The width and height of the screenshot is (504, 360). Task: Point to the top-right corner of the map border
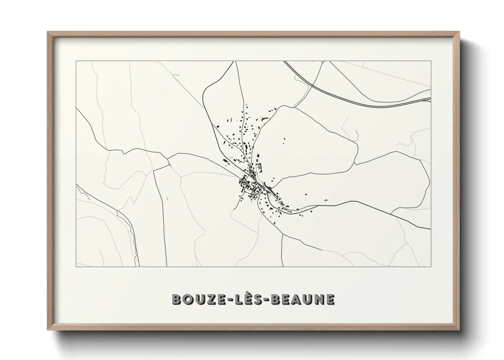pyautogui.click(x=431, y=61)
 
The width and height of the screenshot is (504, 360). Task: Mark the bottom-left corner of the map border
pyautogui.click(x=76, y=266)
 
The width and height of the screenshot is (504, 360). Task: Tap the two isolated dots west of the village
pyautogui.click(x=167, y=198)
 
